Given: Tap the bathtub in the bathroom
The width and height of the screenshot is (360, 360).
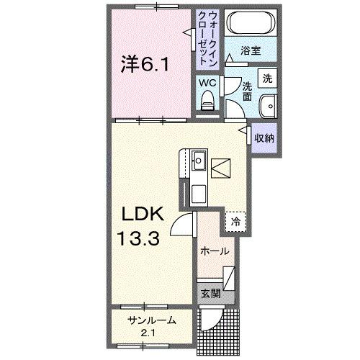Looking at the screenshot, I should (249, 24).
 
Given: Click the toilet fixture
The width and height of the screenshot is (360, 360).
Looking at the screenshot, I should (208, 99).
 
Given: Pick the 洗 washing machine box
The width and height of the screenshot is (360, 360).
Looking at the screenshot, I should (267, 78).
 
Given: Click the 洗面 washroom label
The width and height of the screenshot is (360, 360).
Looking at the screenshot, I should (246, 89).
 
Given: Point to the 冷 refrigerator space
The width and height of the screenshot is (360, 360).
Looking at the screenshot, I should (235, 222).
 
